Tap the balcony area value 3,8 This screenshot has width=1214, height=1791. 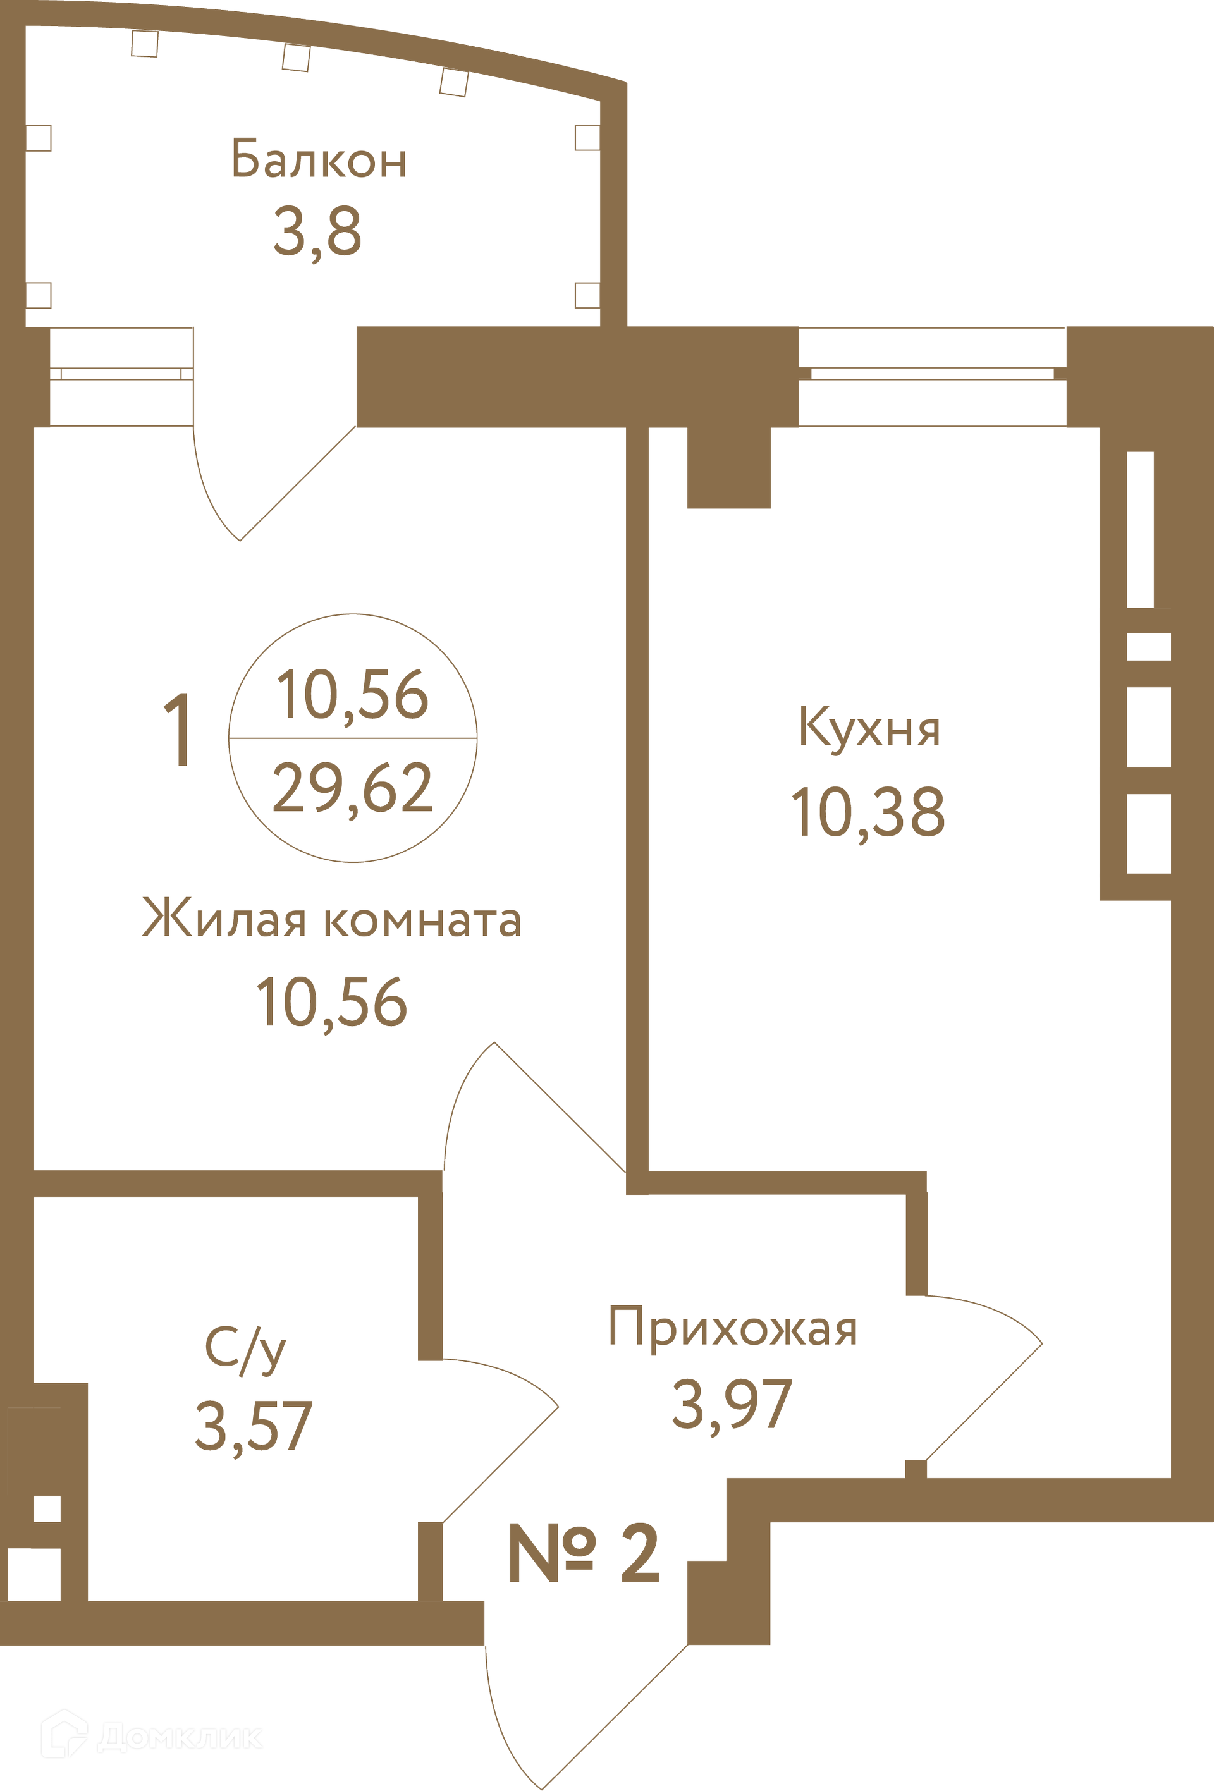click(x=317, y=231)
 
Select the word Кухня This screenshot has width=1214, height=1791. click(x=869, y=727)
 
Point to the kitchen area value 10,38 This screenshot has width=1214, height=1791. click(x=868, y=812)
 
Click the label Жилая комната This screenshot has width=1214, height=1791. click(x=332, y=919)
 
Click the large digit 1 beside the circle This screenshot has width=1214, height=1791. click(x=178, y=729)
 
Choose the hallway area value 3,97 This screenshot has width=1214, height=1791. click(x=732, y=1404)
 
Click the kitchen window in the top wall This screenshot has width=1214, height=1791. click(x=933, y=376)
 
